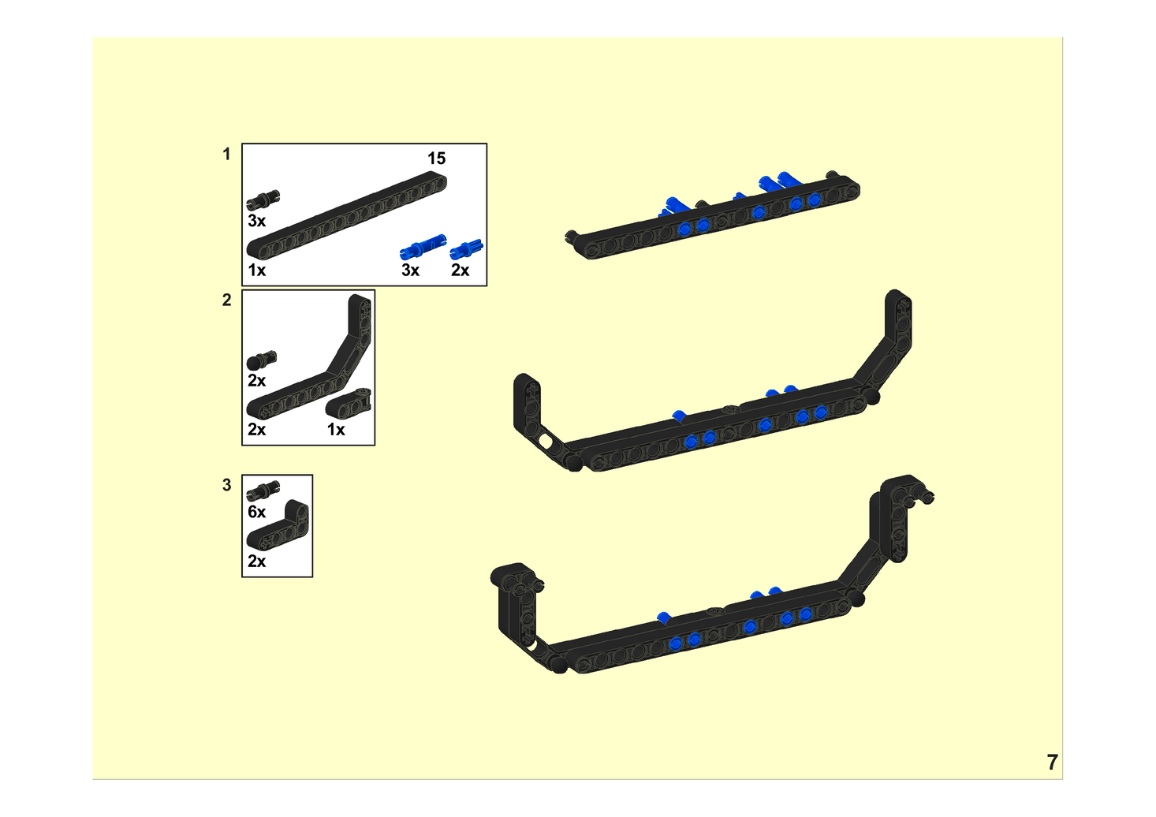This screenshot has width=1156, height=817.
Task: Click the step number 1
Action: (x=226, y=155)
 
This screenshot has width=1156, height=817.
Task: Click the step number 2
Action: (x=226, y=300)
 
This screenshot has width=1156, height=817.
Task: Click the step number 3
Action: (x=226, y=485)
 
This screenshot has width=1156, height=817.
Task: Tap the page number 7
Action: (x=1052, y=763)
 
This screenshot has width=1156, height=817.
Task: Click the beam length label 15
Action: (x=436, y=159)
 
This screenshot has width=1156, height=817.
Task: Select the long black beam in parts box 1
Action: (x=346, y=215)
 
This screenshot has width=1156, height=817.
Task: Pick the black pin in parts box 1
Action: (x=263, y=200)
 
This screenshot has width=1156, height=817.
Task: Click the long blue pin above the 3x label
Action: (x=423, y=246)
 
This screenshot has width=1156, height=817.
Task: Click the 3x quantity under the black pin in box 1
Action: (x=256, y=221)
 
